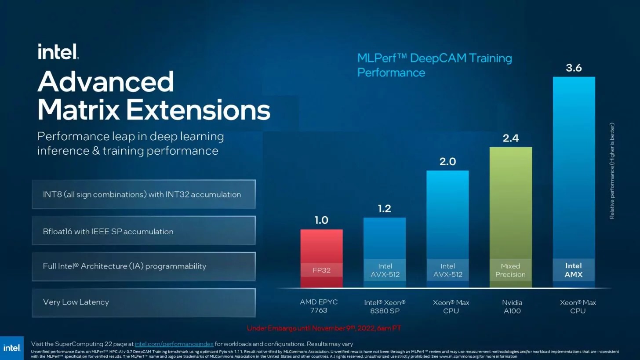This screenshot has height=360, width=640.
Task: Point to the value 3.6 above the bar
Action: tap(574, 68)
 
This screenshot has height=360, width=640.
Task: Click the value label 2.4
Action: tap(511, 138)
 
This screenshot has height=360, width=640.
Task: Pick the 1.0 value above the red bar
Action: tap(321, 220)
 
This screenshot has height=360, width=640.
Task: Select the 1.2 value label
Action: tap(385, 208)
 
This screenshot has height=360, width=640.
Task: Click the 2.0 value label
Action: tap(447, 162)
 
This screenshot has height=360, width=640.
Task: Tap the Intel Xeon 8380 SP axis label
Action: tap(385, 307)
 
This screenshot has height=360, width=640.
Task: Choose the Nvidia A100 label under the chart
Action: tap(512, 307)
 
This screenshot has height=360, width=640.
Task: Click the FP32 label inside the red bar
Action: tap(321, 270)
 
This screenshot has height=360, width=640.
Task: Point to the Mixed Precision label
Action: tap(510, 270)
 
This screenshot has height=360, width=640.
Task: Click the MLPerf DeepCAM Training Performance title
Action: tap(434, 65)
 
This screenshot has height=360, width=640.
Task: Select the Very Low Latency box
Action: tap(144, 302)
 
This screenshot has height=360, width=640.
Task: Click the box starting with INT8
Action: tap(144, 194)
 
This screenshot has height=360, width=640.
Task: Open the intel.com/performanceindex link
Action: tap(174, 344)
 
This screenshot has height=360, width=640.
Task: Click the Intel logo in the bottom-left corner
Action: tap(12, 348)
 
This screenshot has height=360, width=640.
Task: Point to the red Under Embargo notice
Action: tap(324, 328)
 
